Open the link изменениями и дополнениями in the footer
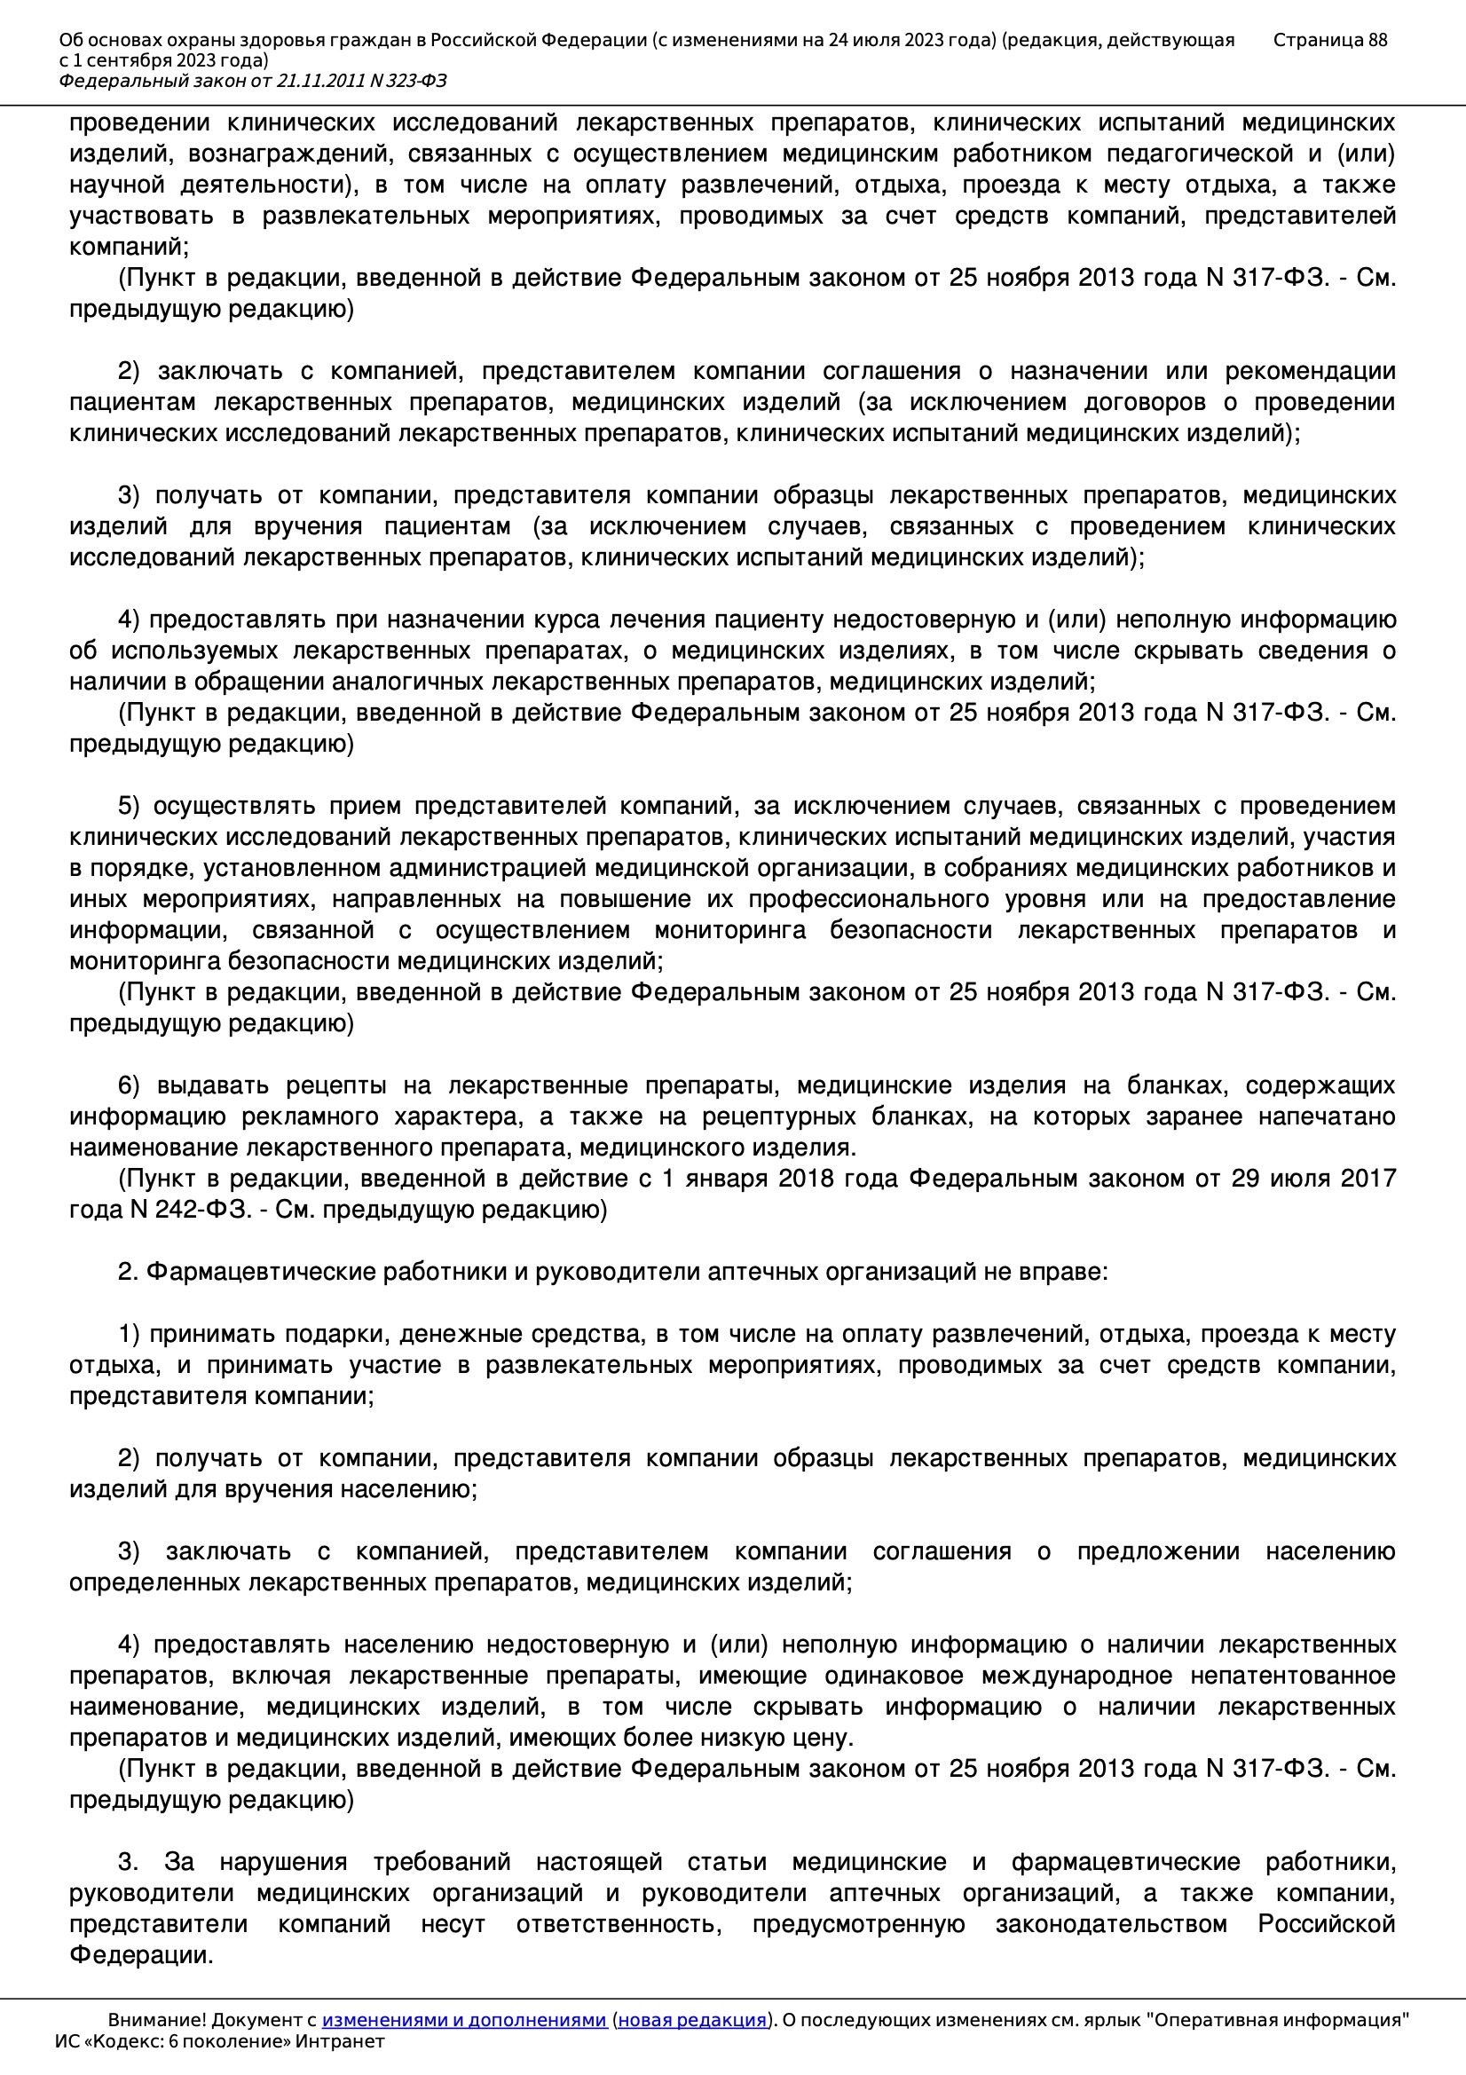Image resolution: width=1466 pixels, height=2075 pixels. (x=463, y=2020)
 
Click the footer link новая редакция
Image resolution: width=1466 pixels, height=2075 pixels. (x=691, y=2020)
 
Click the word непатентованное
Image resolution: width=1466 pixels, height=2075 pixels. (x=1292, y=1676)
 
